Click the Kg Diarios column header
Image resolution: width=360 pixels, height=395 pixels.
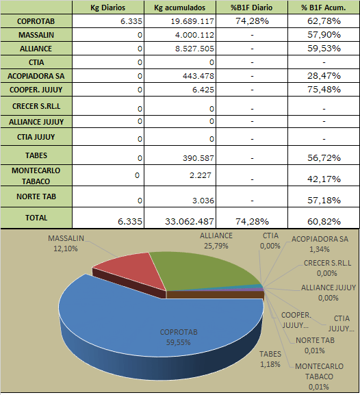(x=108, y=8)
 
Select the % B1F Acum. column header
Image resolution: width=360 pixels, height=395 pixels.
(x=324, y=8)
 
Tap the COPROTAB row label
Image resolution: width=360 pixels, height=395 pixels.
(x=36, y=21)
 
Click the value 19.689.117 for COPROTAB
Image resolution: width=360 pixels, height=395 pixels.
(x=192, y=21)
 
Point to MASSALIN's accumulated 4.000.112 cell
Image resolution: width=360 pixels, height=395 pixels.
(x=195, y=35)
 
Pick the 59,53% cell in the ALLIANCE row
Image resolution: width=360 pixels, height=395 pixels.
(x=324, y=48)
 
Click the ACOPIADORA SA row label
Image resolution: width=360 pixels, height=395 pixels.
(x=36, y=76)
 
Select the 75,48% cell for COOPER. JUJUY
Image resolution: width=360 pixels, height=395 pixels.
(x=324, y=90)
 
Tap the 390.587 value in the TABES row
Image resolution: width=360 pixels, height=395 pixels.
(x=198, y=158)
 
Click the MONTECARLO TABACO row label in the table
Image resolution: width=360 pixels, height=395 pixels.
(x=36, y=176)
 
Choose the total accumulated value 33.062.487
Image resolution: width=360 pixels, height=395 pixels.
(x=190, y=221)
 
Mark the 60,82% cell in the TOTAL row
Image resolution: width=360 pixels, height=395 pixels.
(x=324, y=221)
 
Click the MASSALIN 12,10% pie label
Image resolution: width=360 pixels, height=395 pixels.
(x=66, y=243)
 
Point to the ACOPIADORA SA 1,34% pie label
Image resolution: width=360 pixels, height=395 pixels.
(x=320, y=244)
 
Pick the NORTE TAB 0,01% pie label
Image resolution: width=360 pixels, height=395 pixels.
(x=315, y=346)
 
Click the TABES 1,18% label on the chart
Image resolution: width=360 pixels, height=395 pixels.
(x=270, y=359)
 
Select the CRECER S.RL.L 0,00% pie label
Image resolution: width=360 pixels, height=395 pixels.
(x=327, y=268)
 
